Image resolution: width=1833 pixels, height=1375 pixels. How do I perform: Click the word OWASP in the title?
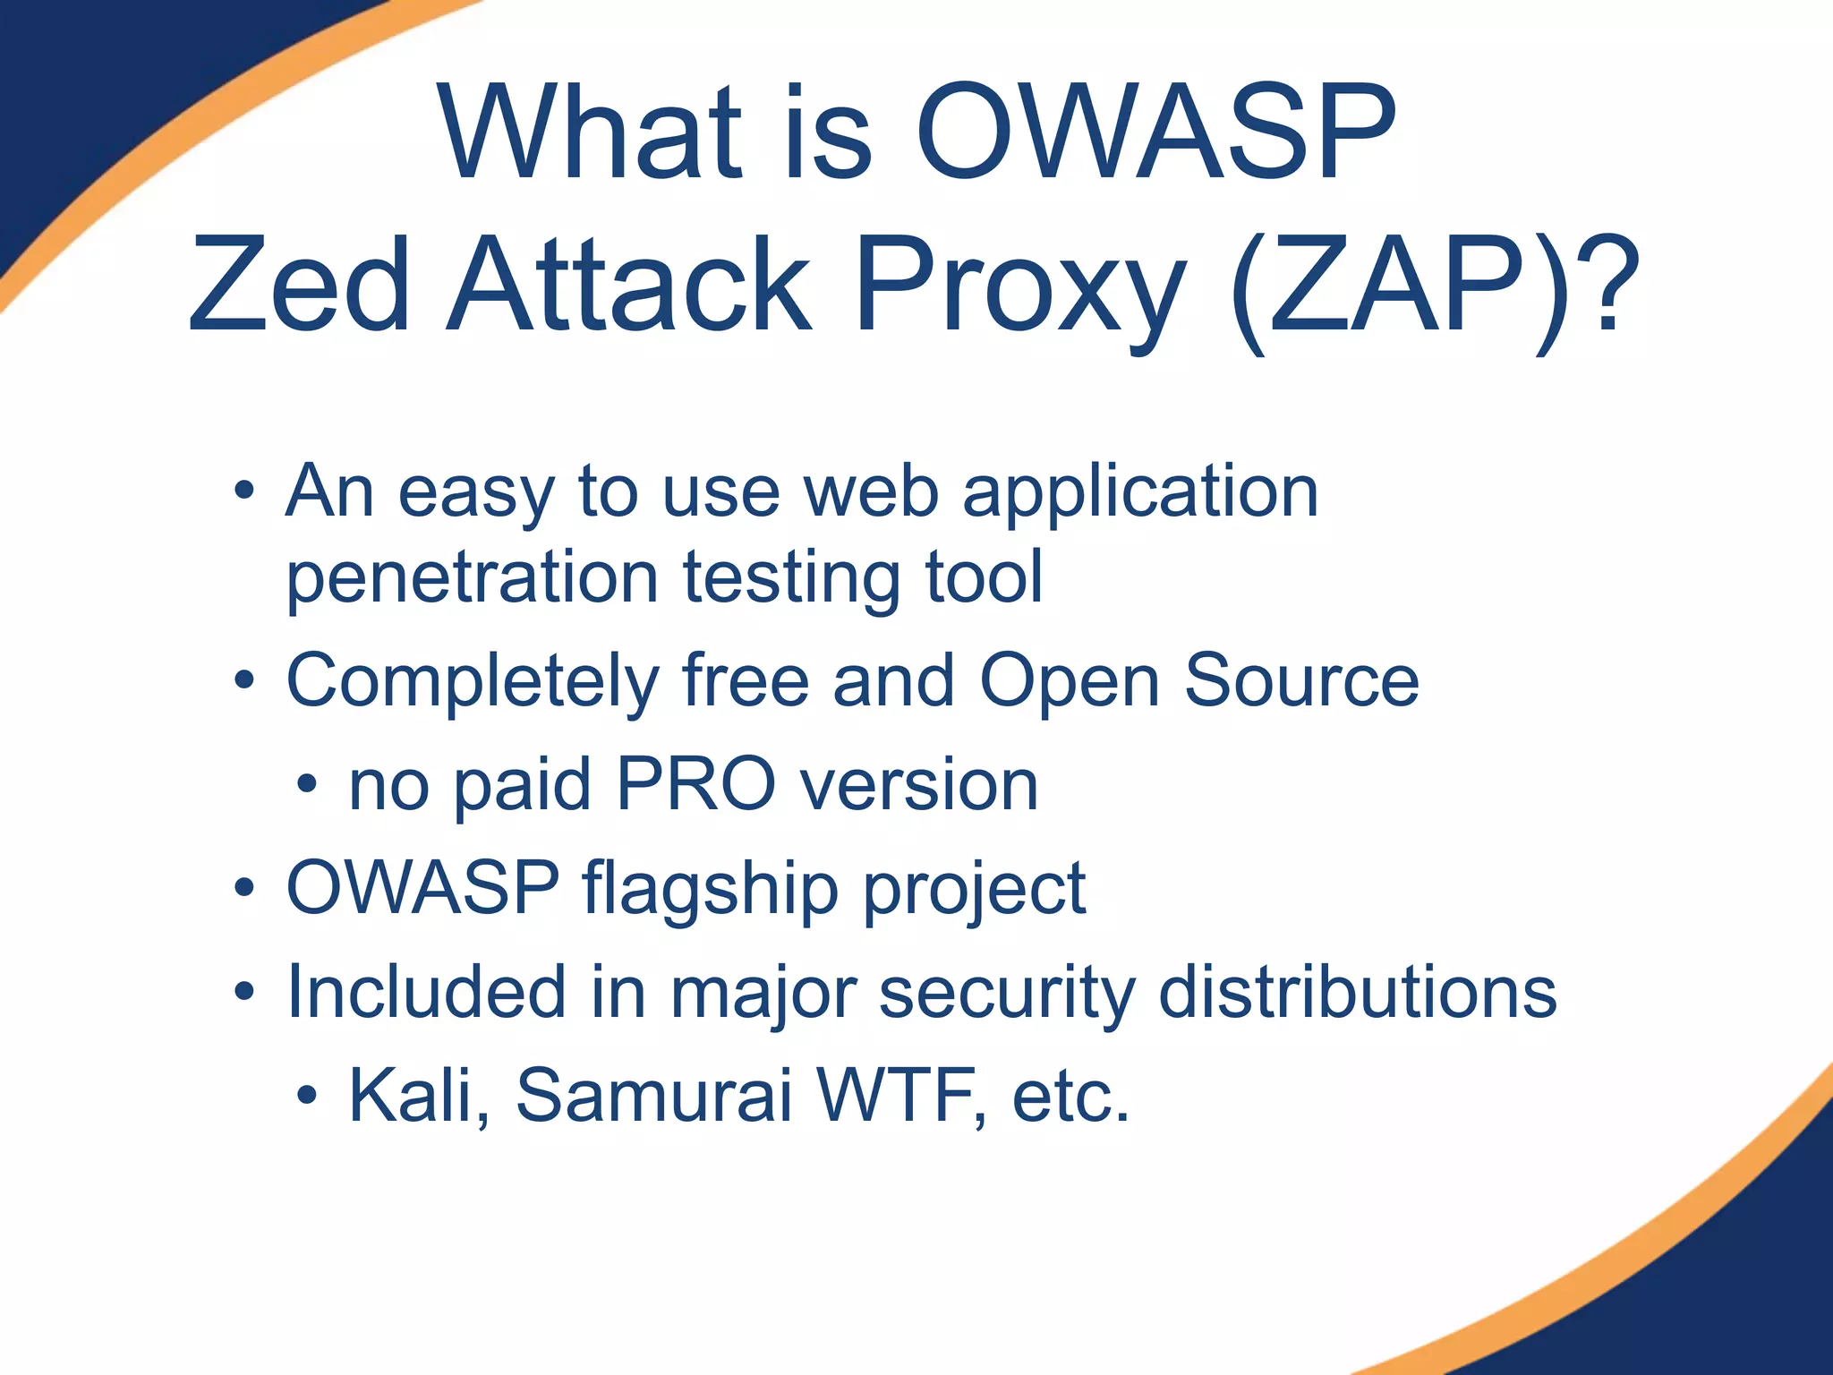pyautogui.click(x=1156, y=134)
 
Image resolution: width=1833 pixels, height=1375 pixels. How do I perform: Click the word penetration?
pyautogui.click(x=473, y=579)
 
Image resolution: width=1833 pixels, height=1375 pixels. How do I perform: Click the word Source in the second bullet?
pyautogui.click(x=1301, y=682)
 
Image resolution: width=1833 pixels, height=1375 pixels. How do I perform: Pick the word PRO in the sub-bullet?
pyautogui.click(x=696, y=785)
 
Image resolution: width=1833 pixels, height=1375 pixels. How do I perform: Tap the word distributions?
pyautogui.click(x=1357, y=994)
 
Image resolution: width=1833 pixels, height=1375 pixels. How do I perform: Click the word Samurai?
pyautogui.click(x=653, y=1096)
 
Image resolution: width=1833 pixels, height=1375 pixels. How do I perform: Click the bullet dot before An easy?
pyautogui.click(x=243, y=491)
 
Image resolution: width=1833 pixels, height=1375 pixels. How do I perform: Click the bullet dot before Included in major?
pyautogui.click(x=243, y=992)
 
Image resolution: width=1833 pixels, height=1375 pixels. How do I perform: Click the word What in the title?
pyautogui.click(x=591, y=134)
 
